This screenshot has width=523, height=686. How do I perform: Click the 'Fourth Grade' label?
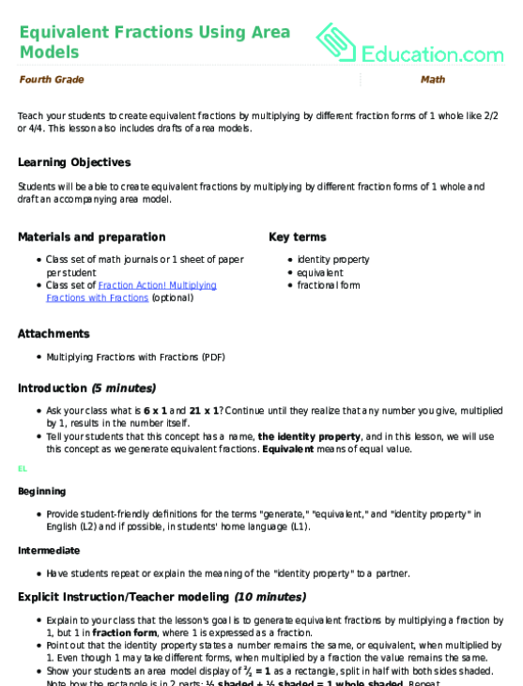click(51, 80)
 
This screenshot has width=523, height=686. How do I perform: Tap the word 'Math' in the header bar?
click(433, 80)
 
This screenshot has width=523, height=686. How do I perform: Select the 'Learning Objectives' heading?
click(74, 162)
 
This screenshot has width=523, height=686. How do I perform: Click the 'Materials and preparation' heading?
click(91, 236)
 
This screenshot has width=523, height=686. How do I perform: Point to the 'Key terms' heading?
click(299, 236)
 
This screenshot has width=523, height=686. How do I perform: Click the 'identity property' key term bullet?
click(333, 259)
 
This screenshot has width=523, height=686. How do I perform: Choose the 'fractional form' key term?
click(329, 285)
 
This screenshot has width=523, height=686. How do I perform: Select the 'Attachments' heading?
click(54, 333)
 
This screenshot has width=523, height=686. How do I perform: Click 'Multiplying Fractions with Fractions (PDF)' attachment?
click(135, 357)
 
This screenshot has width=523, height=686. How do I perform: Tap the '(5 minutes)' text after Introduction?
click(124, 388)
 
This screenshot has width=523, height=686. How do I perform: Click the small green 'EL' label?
click(23, 468)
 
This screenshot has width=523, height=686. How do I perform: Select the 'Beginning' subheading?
click(42, 491)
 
